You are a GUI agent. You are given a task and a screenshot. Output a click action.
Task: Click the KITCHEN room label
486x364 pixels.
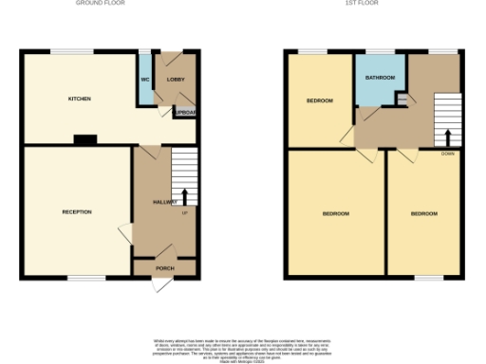[x=78, y=99]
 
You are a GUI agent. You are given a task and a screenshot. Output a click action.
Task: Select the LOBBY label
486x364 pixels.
[x=176, y=80]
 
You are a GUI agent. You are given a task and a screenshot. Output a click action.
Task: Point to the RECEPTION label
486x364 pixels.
[x=77, y=211]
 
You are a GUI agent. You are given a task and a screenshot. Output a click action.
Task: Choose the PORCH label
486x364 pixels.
[x=165, y=268]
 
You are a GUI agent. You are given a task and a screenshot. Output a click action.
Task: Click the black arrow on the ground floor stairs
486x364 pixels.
[x=184, y=196]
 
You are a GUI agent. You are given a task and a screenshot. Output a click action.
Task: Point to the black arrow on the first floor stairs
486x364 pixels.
[x=447, y=135]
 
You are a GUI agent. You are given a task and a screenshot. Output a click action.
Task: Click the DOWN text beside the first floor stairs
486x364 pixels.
[x=447, y=154]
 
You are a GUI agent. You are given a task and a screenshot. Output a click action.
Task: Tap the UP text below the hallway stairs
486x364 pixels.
[x=184, y=212]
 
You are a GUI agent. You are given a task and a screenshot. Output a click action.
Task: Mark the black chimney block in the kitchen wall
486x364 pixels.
[x=85, y=140]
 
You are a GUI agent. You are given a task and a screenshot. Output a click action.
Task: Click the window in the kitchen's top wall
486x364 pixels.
[x=65, y=51]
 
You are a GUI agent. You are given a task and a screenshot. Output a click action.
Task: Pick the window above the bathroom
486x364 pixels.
[x=380, y=51]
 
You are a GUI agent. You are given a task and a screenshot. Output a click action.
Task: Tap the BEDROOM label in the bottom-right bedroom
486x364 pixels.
[x=423, y=214]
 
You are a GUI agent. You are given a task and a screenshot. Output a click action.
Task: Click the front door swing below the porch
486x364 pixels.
[x=158, y=283]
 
